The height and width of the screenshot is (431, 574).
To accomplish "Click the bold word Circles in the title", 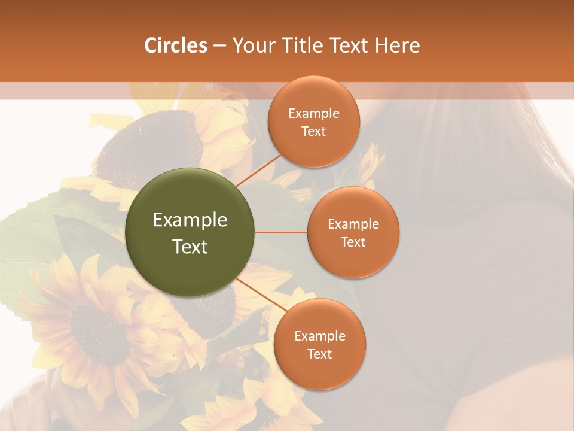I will (x=176, y=45).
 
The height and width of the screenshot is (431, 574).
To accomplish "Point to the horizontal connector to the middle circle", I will (x=281, y=232).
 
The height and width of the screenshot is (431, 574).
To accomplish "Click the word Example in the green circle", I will (x=190, y=220).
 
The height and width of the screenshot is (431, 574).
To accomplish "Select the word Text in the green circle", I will (x=190, y=247).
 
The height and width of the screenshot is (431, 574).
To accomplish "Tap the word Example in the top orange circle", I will (x=314, y=114).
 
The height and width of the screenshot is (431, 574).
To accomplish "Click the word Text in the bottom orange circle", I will (x=320, y=354).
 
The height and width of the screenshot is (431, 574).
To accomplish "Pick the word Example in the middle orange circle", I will (x=353, y=224).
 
